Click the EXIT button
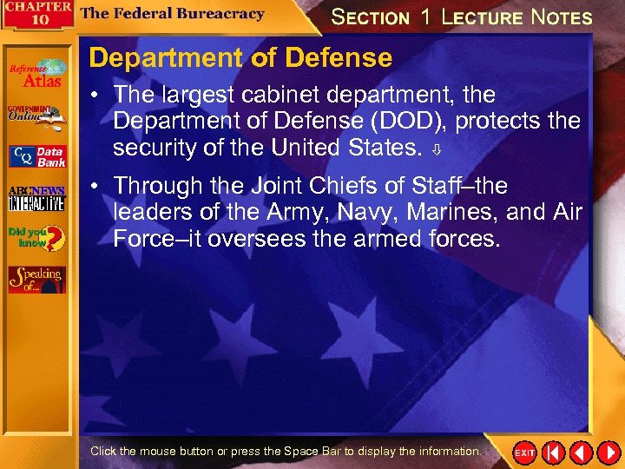tap(525, 453)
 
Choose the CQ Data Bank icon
tap(36, 156)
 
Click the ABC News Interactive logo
tap(36, 198)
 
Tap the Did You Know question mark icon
tap(36, 238)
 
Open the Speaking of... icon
tap(36, 278)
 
